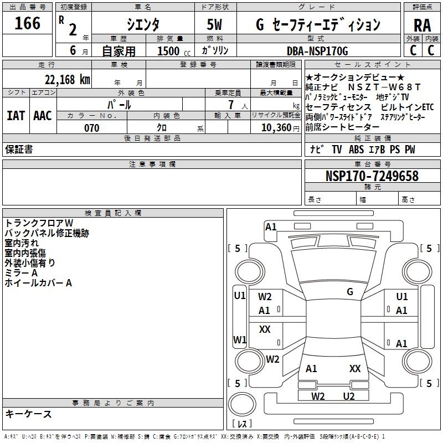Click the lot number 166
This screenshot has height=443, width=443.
tap(28, 24)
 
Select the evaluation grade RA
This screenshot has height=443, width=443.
tap(422, 25)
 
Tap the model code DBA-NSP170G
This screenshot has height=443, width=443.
tap(317, 51)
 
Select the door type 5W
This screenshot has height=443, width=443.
tap(215, 25)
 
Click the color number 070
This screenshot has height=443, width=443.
tap(91, 128)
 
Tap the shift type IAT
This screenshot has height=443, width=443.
tap(16, 116)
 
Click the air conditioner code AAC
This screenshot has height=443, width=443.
tap(43, 116)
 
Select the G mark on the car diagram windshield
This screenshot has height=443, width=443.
tap(349, 291)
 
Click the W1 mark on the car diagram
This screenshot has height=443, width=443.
tap(239, 339)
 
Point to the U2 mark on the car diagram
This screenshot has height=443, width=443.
tap(348, 396)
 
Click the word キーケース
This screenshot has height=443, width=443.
tap(28, 414)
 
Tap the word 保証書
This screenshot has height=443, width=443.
tap(19, 150)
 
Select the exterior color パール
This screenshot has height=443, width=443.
tap(119, 104)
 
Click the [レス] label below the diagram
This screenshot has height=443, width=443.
tap(242, 424)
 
